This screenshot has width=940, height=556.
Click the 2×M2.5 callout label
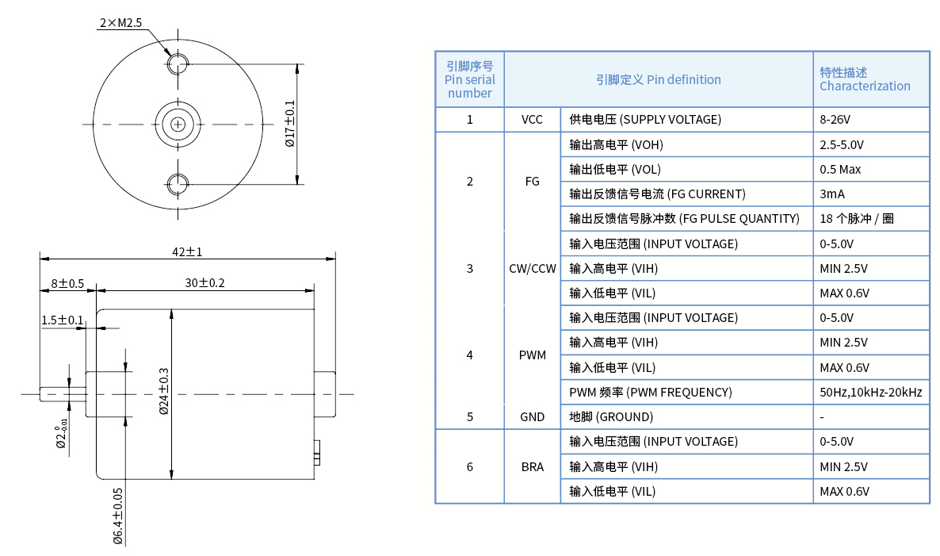click(120, 23)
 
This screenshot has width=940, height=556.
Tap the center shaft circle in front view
click(178, 124)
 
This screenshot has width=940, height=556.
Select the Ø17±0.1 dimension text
click(289, 124)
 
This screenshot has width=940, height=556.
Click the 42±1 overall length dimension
click(188, 251)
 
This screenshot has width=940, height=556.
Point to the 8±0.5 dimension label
click(67, 283)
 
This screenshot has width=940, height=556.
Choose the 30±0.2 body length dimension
click(205, 283)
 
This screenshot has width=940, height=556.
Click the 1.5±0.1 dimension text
click(62, 320)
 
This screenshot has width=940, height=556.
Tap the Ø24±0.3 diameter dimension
click(164, 391)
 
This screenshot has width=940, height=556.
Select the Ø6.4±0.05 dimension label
click(118, 516)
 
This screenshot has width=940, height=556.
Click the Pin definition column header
click(658, 79)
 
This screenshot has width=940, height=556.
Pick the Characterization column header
click(865, 79)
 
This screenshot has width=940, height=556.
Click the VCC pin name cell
click(532, 120)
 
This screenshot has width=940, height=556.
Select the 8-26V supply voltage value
click(835, 120)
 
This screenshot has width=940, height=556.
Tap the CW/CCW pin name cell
click(532, 268)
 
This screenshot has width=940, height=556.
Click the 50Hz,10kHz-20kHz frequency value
click(870, 392)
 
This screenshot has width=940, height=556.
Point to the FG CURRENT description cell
click(657, 194)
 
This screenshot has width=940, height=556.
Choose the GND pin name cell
click(532, 416)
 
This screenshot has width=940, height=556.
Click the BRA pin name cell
click(532, 466)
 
